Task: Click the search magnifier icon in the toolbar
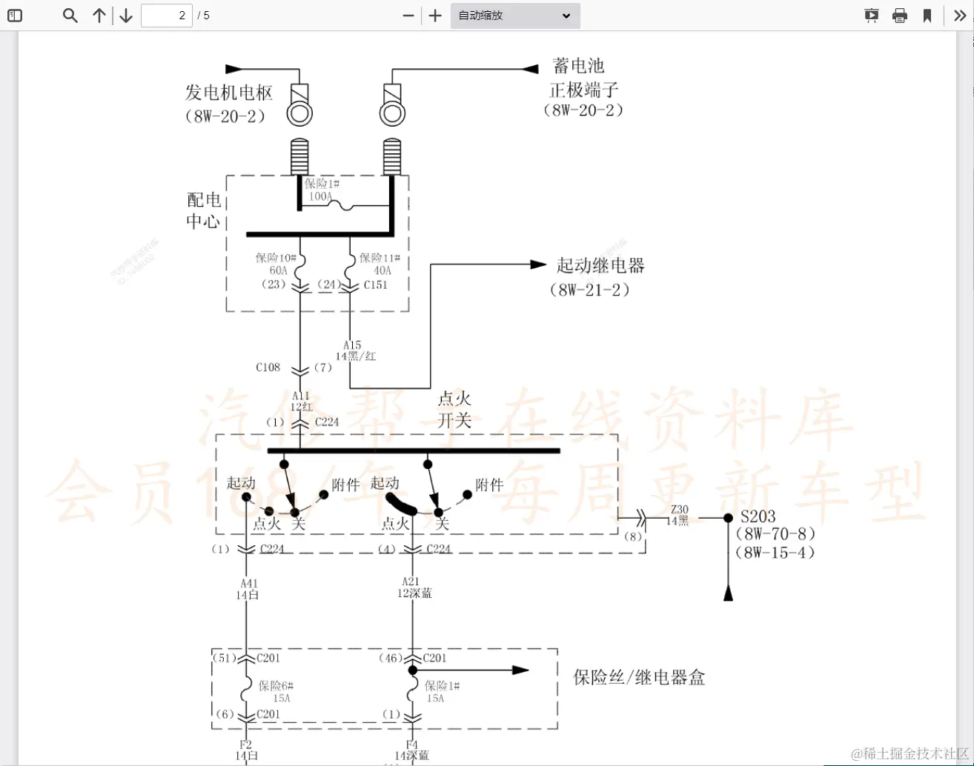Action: coord(70,16)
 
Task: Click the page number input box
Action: coord(167,16)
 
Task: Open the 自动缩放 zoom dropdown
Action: coord(515,16)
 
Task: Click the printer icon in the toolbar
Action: coord(900,16)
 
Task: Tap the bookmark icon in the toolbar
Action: coord(927,16)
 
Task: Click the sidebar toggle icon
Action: coord(15,16)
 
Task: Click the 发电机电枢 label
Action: coord(229,93)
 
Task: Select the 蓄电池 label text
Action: coord(578,66)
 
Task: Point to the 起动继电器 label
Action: coord(600,265)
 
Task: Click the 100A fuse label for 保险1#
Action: coord(320,196)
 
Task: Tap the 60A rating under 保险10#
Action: coord(278,270)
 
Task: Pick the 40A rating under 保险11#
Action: coord(382,270)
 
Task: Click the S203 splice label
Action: coord(758,516)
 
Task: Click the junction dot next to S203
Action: coord(729,519)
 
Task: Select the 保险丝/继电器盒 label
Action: coord(639,677)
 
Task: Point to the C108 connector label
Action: coord(268,367)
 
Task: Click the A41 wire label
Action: coord(249,584)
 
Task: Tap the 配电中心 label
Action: coord(203,210)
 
